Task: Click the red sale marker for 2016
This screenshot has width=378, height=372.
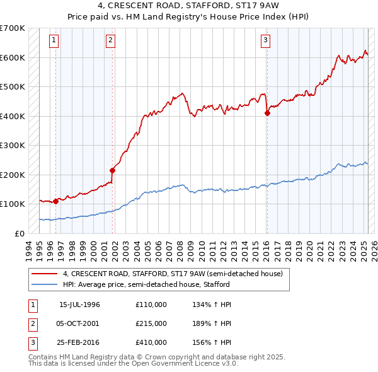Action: (x=267, y=113)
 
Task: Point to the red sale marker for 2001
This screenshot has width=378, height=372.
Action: (x=113, y=170)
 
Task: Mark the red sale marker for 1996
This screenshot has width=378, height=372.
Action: (x=56, y=201)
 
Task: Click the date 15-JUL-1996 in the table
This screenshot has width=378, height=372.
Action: (x=79, y=305)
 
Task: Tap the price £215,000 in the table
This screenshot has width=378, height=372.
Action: (x=151, y=323)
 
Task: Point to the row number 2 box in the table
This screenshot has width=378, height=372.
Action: (x=31, y=323)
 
